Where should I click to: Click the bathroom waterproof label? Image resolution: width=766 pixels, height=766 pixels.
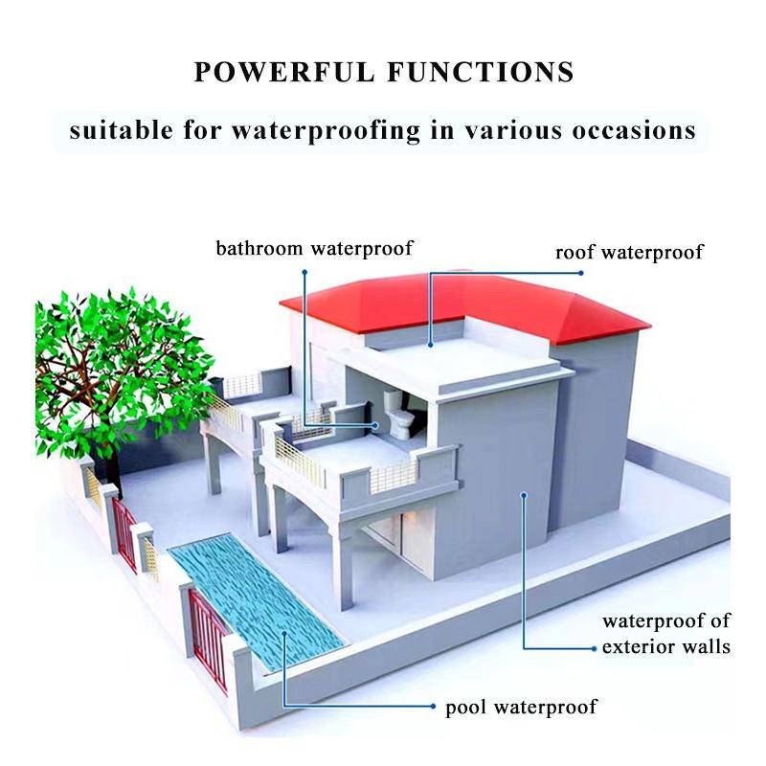(x=314, y=249)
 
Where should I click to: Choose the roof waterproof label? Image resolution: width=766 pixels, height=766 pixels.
(x=629, y=253)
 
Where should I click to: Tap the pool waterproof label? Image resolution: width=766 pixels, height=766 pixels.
(x=521, y=708)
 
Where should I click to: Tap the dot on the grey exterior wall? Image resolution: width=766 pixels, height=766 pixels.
(x=524, y=495)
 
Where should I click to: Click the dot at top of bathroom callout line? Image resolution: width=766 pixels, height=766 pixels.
(x=304, y=271)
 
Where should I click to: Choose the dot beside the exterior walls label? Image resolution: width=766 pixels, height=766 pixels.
(x=591, y=648)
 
